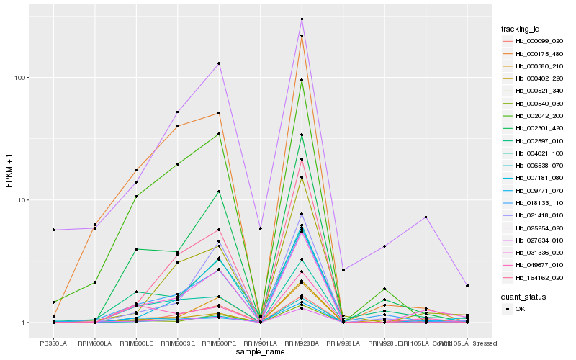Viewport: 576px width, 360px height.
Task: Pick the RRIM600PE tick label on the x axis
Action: [219, 342]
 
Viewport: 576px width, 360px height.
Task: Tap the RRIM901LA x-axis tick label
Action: [260, 342]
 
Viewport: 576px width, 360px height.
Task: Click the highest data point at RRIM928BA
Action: [302, 19]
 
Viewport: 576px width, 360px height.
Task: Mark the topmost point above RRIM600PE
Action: [219, 63]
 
